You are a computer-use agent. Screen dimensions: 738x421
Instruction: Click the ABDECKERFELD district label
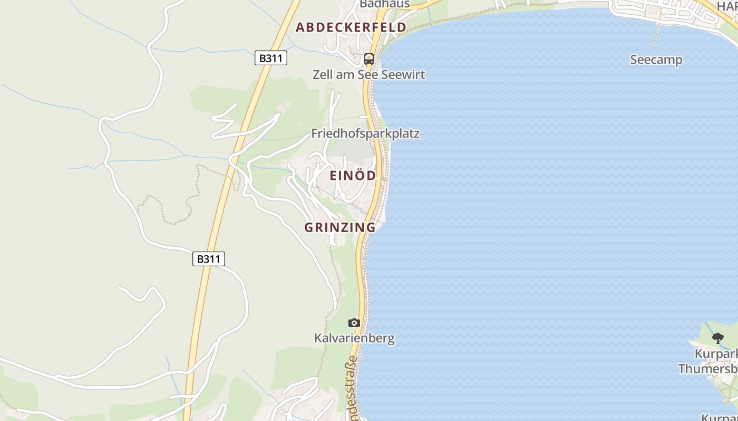pyautogui.click(x=351, y=27)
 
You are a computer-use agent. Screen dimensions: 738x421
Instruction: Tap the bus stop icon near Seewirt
pyautogui.click(x=369, y=59)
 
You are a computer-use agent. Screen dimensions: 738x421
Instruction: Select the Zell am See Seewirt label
pyautogui.click(x=368, y=75)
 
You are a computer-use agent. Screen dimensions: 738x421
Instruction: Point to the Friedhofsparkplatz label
pyautogui.click(x=365, y=134)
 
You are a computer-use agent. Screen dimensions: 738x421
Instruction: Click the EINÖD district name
pyautogui.click(x=353, y=176)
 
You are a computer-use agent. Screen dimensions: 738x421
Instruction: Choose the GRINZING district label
pyautogui.click(x=340, y=227)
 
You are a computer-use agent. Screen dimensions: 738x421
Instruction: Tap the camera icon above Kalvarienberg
pyautogui.click(x=354, y=323)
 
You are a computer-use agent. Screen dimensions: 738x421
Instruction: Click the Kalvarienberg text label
pyautogui.click(x=354, y=338)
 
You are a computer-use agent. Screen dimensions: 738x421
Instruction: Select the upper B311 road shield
pyautogui.click(x=271, y=58)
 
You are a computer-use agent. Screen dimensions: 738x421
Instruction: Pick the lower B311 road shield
pyautogui.click(x=209, y=259)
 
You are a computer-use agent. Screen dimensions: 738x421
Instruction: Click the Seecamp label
pyautogui.click(x=656, y=60)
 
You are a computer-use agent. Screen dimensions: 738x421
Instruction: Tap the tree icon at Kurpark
pyautogui.click(x=717, y=338)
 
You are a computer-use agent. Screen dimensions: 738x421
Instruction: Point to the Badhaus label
pyautogui.click(x=384, y=4)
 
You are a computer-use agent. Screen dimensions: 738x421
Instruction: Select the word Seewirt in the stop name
pyautogui.click(x=403, y=75)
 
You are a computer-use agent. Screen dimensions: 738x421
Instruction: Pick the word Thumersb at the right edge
pyautogui.click(x=708, y=368)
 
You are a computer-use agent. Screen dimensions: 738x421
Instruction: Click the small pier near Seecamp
pyautogui.click(x=657, y=34)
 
